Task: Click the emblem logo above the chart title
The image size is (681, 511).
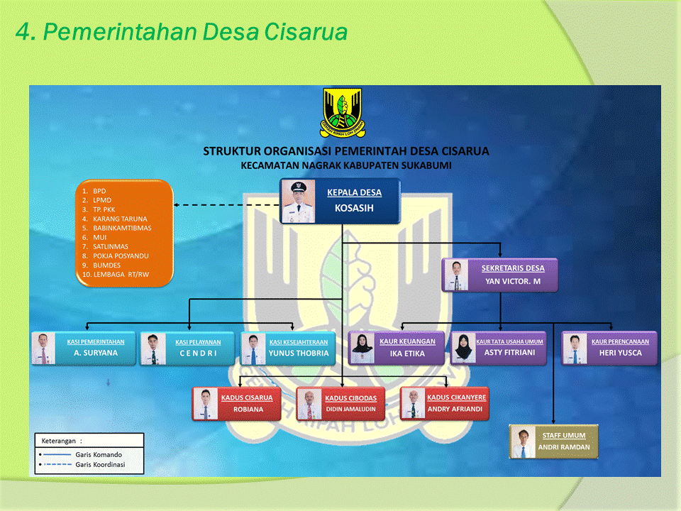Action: click(x=342, y=112)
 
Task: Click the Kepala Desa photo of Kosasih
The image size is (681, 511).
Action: click(x=298, y=201)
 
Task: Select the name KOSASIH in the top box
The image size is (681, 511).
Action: click(x=354, y=209)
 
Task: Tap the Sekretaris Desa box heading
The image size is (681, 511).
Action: click(x=513, y=268)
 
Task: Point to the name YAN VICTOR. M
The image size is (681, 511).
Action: click(x=512, y=280)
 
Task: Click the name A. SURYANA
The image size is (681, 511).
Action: click(x=96, y=353)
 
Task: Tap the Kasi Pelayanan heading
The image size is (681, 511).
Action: click(x=198, y=342)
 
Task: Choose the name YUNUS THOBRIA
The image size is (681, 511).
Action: click(x=299, y=353)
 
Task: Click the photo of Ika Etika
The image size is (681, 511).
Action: click(x=363, y=348)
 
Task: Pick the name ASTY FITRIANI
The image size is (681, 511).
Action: click(x=509, y=353)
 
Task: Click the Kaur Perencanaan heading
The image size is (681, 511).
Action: click(x=620, y=342)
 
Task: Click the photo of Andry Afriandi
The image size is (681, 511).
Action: click(x=412, y=403)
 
